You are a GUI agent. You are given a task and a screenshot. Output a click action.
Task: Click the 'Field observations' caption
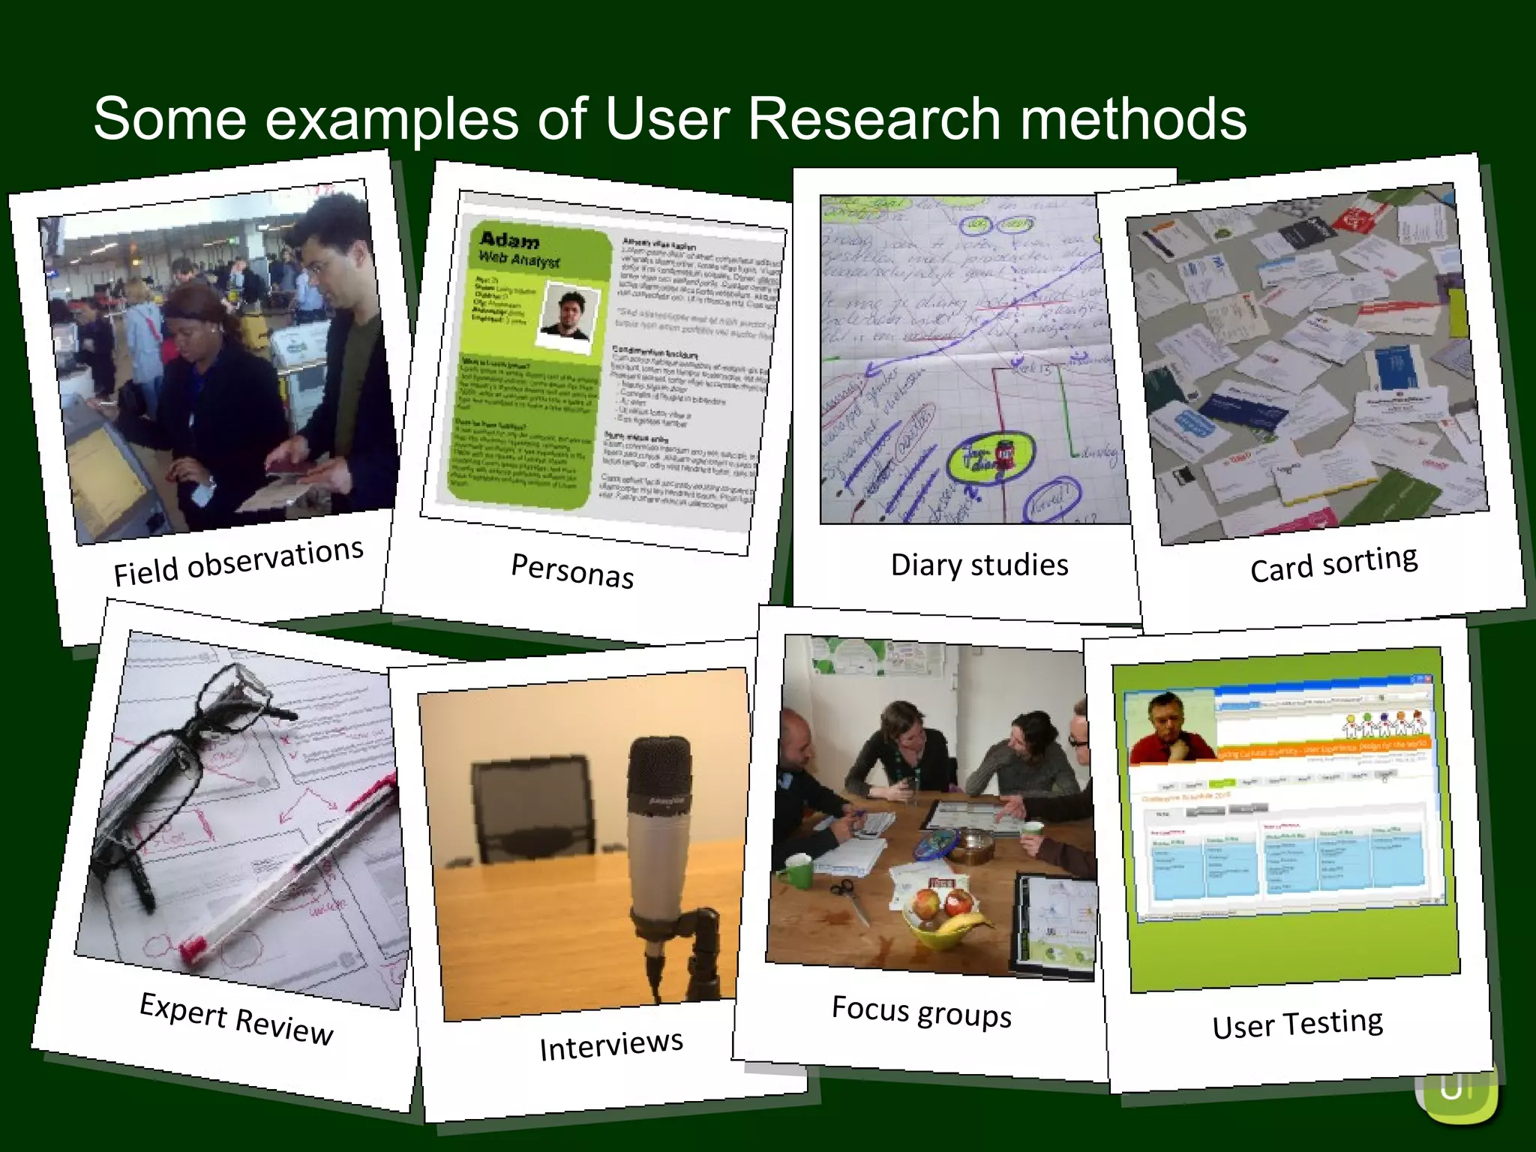coord(238,562)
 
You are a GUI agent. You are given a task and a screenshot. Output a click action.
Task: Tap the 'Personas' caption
coord(572,571)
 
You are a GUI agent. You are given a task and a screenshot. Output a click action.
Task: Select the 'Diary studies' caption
coord(979,565)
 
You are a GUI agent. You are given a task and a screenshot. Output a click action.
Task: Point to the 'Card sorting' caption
coord(1333,564)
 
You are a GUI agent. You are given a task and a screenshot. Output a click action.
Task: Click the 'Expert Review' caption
coord(236,1017)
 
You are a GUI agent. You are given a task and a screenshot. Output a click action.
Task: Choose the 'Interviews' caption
coord(611,1045)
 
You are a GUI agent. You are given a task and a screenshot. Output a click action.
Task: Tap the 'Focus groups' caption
coord(922,1011)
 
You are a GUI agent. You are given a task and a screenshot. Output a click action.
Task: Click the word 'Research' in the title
coord(874,118)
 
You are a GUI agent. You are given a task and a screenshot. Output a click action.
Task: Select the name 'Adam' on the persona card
coord(509,240)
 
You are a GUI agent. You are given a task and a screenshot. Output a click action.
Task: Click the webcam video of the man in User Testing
coord(1171,727)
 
